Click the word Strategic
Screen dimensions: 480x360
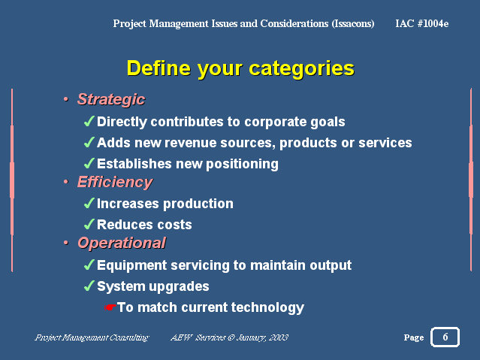111,99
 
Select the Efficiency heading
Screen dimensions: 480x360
115,183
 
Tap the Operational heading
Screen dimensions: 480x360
122,244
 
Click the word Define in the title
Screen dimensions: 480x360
158,68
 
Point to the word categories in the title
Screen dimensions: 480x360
301,69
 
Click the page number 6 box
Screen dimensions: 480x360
445,337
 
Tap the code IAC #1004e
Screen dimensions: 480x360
422,23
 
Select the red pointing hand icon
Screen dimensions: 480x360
110,307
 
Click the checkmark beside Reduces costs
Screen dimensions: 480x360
89,224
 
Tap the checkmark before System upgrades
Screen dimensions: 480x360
89,286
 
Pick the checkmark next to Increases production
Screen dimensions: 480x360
89,203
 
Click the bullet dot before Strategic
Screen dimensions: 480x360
66,99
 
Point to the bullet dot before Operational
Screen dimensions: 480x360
66,243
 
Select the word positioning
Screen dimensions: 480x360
242,164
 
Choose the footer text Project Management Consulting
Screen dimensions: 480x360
92,337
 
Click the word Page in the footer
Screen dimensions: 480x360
414,337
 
